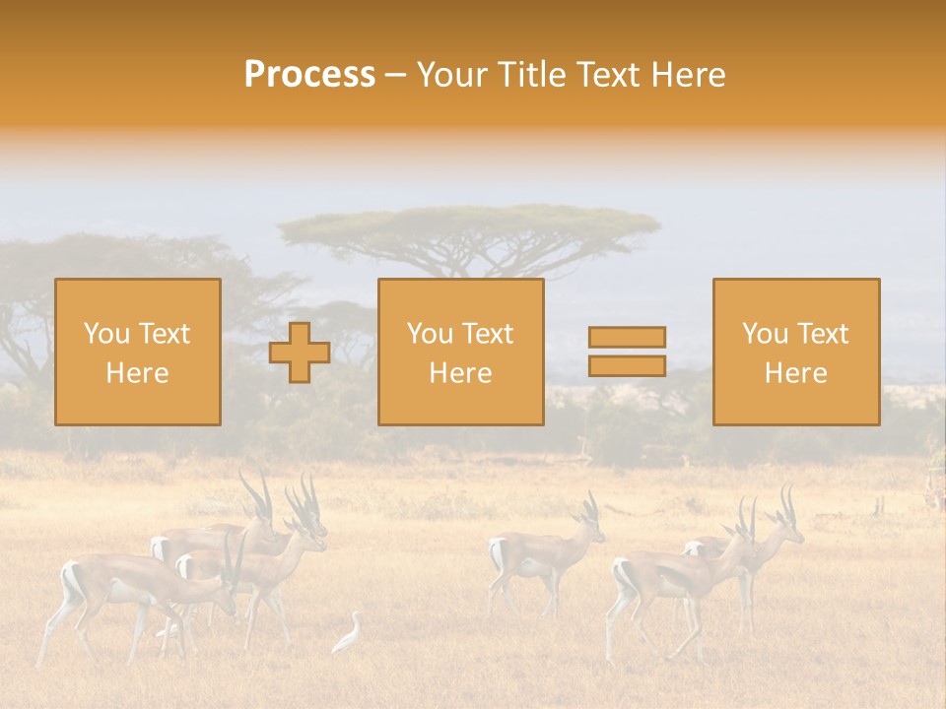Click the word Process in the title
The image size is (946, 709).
(x=309, y=75)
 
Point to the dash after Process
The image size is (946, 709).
(x=396, y=76)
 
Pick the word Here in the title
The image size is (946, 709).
(x=687, y=75)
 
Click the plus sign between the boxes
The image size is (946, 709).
(x=300, y=353)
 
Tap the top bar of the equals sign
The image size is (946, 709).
(x=627, y=337)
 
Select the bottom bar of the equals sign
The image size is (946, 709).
(x=627, y=366)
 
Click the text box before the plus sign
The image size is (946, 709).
(x=138, y=353)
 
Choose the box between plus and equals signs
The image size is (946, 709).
(x=460, y=353)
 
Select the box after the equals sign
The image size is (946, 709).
(x=796, y=353)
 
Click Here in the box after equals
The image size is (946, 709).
(x=795, y=373)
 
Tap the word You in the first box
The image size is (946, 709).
(x=106, y=334)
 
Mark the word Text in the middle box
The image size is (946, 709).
(x=488, y=334)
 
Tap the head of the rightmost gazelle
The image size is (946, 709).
(x=788, y=532)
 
